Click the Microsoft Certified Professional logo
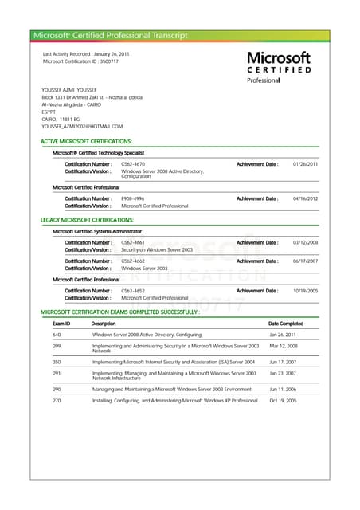[279, 67]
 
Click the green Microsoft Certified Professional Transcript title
[111, 35]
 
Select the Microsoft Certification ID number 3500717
[108, 61]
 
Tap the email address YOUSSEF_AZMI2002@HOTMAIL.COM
[82, 126]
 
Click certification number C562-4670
[133, 163]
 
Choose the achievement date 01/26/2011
[305, 163]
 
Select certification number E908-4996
[133, 198]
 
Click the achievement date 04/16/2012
[305, 198]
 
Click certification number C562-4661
[133, 242]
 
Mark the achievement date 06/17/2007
[305, 261]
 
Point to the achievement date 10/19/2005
[305, 290]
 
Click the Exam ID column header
[61, 324]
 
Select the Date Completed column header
[286, 324]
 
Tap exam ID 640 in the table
[57, 335]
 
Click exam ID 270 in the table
[57, 400]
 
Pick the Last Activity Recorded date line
[86, 53]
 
